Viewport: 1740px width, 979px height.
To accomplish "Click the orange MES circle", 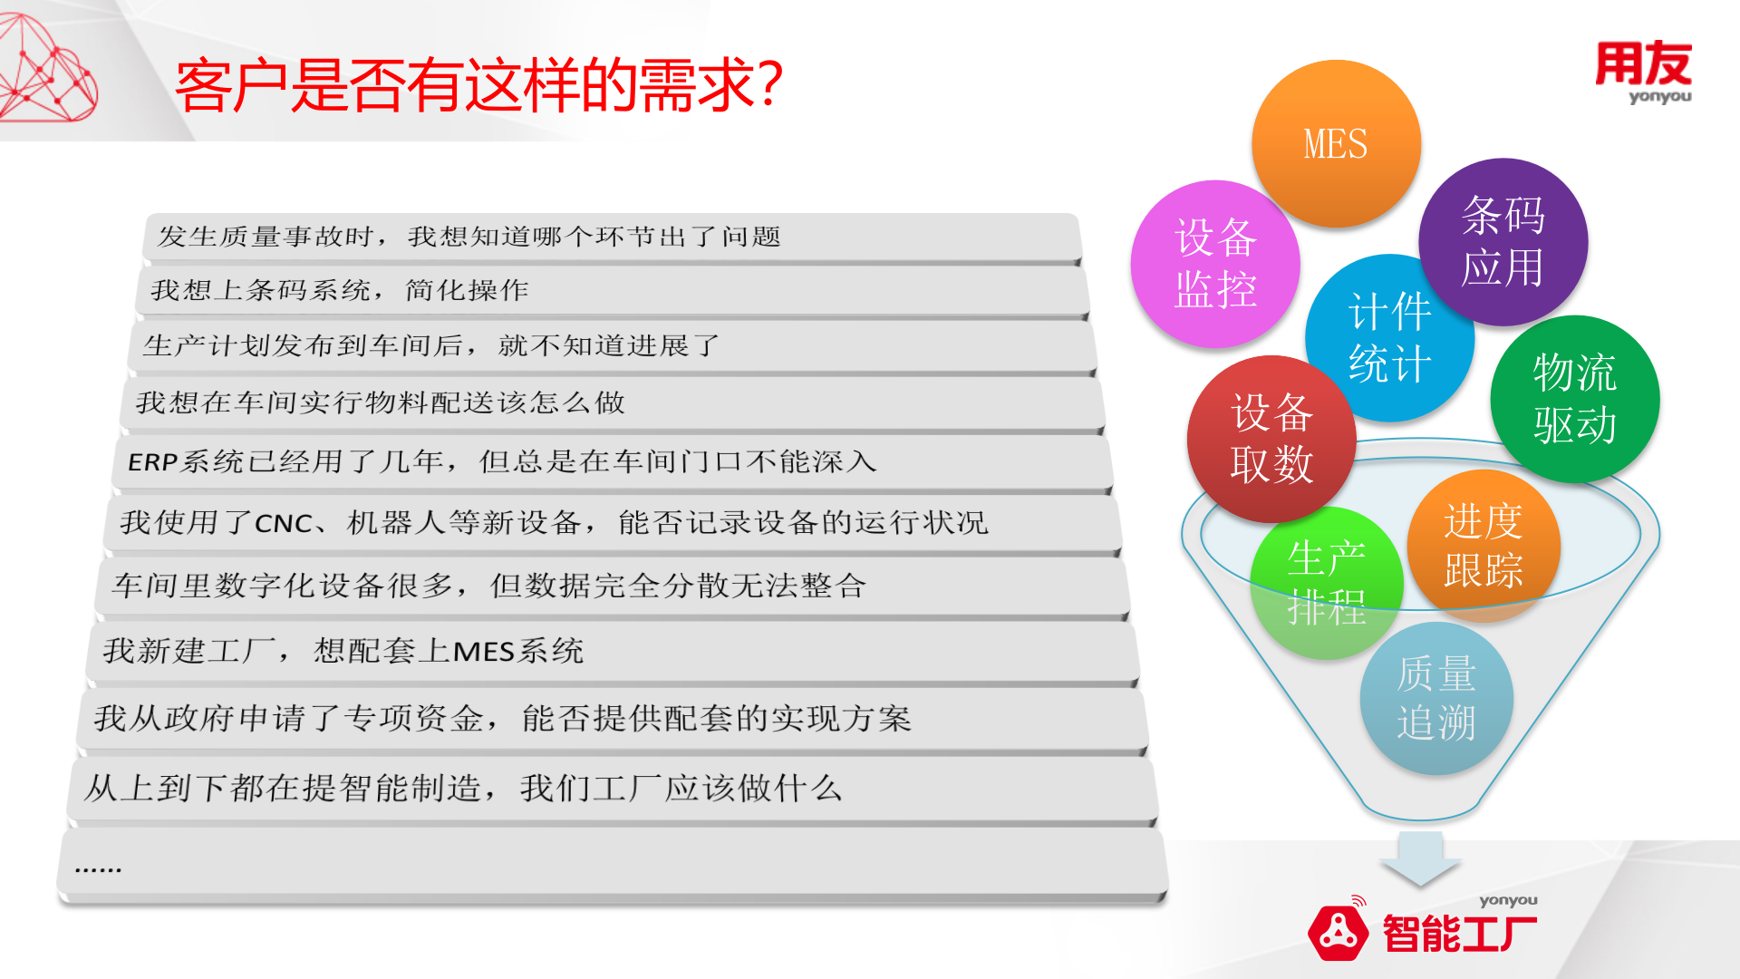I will click(x=1335, y=143).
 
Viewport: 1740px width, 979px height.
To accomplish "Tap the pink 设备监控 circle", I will click(x=1214, y=264).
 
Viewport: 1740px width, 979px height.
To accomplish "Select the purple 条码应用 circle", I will click(x=1503, y=241).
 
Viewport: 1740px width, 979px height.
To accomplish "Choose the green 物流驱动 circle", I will click(x=1574, y=398).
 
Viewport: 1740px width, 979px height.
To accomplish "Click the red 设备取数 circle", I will click(x=1271, y=439).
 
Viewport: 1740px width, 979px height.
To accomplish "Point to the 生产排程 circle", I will click(x=1326, y=583).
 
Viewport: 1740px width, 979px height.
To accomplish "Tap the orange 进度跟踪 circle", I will click(x=1483, y=546).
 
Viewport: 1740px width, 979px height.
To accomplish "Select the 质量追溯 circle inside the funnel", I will click(x=1435, y=698).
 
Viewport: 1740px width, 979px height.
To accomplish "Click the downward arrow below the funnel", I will click(x=1419, y=858).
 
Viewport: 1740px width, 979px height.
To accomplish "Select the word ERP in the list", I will click(x=151, y=462).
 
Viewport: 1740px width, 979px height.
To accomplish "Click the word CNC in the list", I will click(x=283, y=524).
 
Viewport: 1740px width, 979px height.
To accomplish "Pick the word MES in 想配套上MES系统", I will click(x=483, y=652).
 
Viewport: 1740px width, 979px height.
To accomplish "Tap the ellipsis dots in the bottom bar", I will click(x=98, y=868).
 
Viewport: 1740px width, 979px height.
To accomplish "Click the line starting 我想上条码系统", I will click(x=340, y=290).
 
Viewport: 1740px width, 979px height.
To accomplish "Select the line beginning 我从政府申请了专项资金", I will click(x=502, y=719).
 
